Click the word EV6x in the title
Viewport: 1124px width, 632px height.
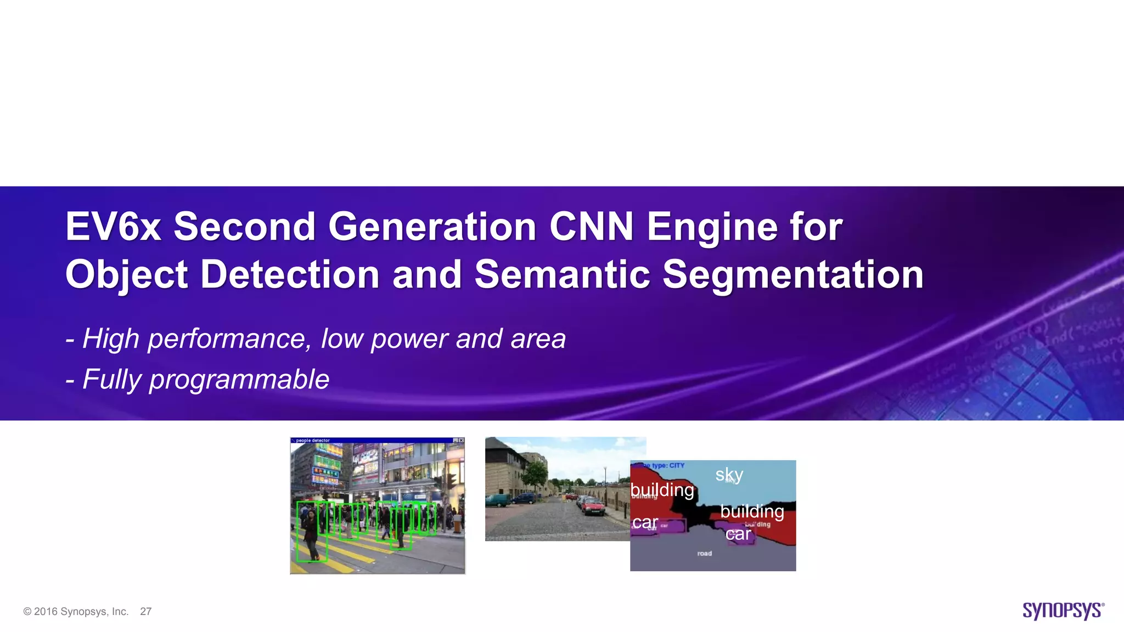(x=113, y=227)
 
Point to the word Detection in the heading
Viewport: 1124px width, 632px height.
(x=289, y=274)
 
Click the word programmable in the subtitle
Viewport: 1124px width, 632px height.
(x=239, y=380)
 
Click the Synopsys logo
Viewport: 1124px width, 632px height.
(x=1063, y=611)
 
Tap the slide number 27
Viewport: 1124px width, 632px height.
(x=145, y=612)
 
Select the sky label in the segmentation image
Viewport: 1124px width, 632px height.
(x=729, y=475)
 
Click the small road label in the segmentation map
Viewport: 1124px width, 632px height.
(x=705, y=554)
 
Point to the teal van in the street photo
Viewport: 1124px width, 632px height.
(x=497, y=500)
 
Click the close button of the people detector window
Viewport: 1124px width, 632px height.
(x=461, y=441)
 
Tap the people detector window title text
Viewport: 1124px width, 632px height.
(x=313, y=441)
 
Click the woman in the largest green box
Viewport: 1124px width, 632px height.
(x=311, y=532)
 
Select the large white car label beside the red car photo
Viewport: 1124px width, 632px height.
(x=645, y=522)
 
